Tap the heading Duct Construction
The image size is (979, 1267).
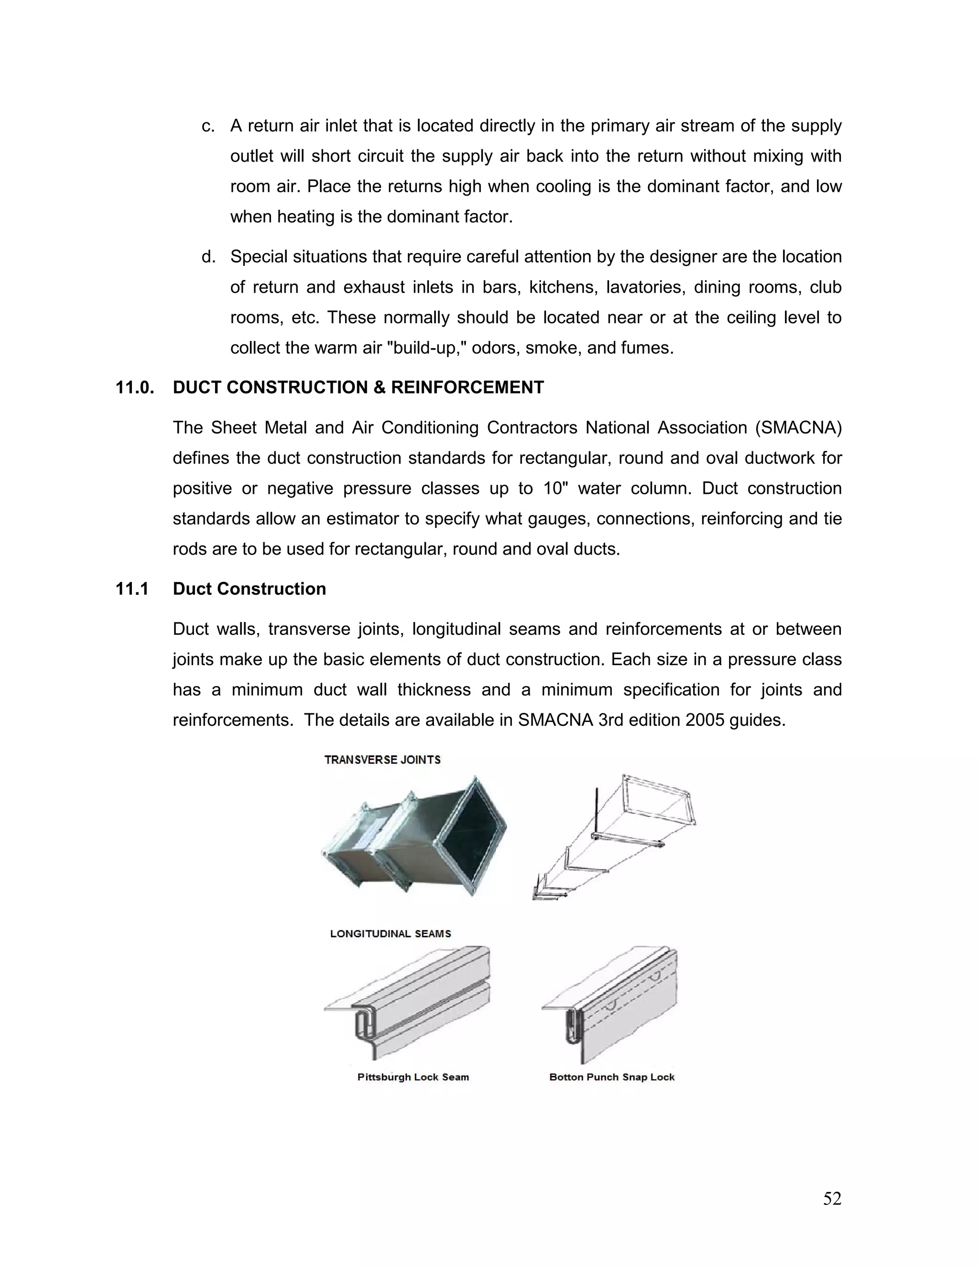pyautogui.click(x=250, y=589)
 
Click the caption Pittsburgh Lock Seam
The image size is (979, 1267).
pyautogui.click(x=413, y=1077)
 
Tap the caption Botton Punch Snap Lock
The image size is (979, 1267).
pyautogui.click(x=612, y=1077)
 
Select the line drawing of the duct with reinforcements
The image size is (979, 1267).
pyautogui.click(x=614, y=837)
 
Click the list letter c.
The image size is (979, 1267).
pyautogui.click(x=207, y=126)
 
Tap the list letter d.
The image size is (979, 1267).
pyautogui.click(x=207, y=257)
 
